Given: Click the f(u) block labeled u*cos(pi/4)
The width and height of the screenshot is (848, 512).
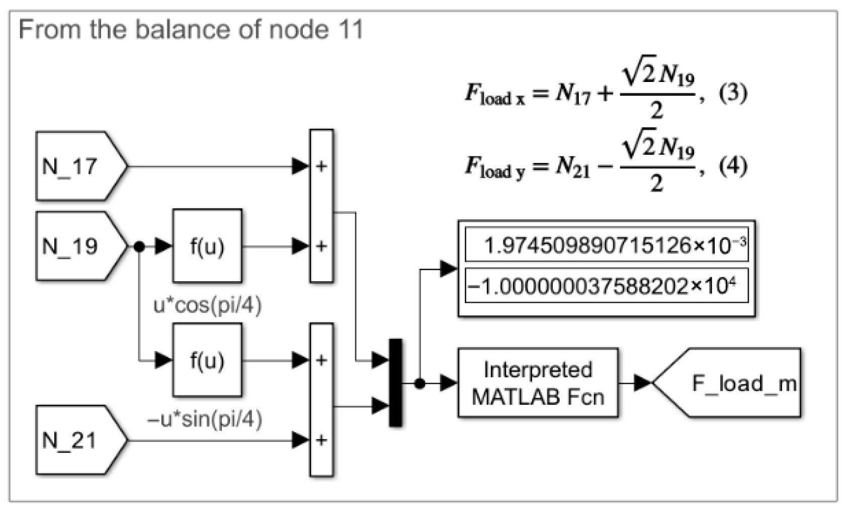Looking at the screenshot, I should click(x=207, y=246).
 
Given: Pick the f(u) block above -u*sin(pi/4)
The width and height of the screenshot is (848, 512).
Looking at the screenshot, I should click(x=207, y=360).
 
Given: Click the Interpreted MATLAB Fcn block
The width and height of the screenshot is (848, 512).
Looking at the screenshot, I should click(x=538, y=383).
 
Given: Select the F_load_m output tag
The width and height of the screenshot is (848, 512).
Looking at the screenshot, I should click(x=734, y=383).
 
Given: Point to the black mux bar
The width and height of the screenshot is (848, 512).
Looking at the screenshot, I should click(x=396, y=383).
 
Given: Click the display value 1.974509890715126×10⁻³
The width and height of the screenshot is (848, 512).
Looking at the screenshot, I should click(x=607, y=245).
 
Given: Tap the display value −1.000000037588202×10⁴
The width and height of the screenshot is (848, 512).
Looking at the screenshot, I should click(x=607, y=287).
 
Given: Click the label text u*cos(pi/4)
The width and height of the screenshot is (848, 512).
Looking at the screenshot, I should click(x=207, y=305).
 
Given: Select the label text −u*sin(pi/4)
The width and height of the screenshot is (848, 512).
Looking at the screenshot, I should click(x=205, y=419).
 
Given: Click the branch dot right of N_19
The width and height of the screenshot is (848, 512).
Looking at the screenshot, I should click(x=139, y=246).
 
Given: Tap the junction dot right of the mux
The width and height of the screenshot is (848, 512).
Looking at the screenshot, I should click(x=420, y=383).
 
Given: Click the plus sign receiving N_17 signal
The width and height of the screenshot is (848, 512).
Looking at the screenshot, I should click(x=321, y=166).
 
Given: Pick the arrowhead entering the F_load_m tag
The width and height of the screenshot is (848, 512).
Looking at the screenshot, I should click(x=642, y=383).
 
